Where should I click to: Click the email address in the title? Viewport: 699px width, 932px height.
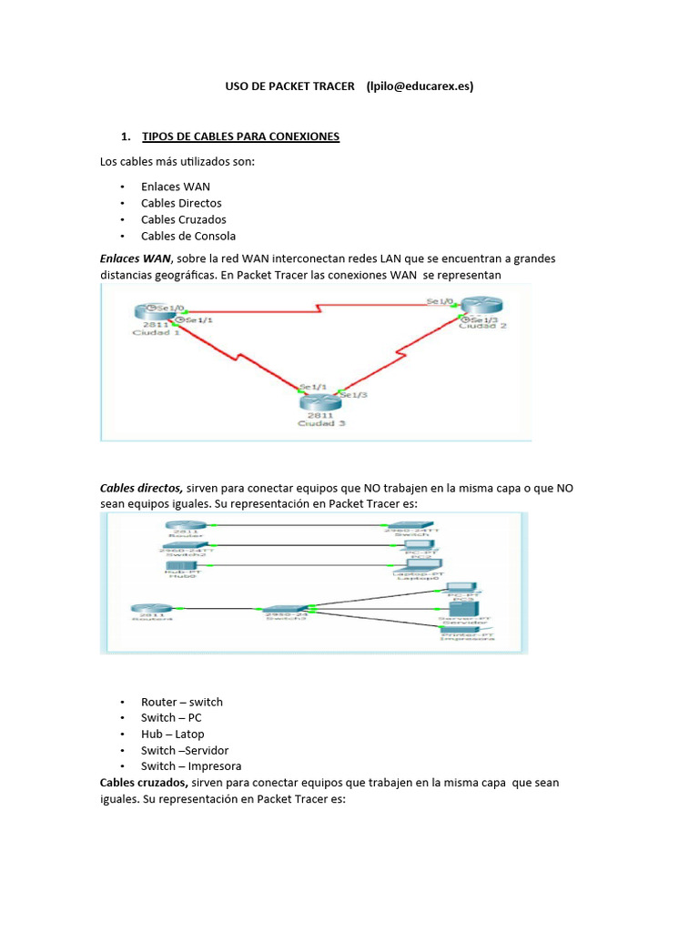(x=420, y=86)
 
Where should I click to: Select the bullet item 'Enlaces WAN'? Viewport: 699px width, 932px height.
(x=175, y=187)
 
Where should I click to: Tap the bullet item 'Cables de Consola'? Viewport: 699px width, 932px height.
(x=187, y=236)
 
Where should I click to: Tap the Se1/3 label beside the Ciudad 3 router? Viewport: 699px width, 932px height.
(x=354, y=395)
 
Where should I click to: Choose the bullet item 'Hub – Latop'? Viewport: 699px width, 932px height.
(x=172, y=734)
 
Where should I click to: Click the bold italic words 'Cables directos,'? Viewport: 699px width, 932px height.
(x=141, y=488)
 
